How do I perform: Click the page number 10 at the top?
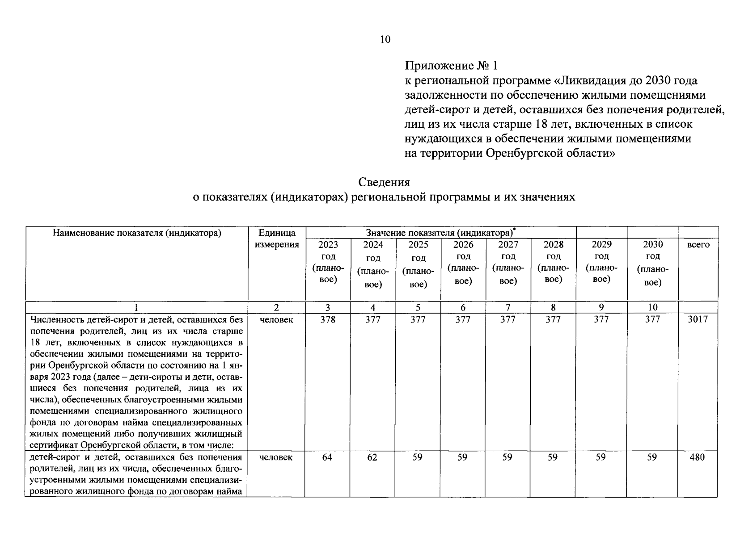click(x=385, y=40)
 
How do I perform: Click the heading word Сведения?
click(x=385, y=182)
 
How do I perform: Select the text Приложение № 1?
click(x=451, y=66)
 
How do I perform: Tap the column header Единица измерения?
click(x=277, y=239)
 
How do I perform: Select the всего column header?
click(x=698, y=245)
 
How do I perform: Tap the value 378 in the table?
click(x=328, y=319)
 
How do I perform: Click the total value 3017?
click(x=698, y=319)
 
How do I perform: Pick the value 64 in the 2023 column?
click(x=327, y=457)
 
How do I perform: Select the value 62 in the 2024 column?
click(x=372, y=457)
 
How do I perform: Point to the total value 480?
click(x=698, y=457)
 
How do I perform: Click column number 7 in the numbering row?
click(x=508, y=307)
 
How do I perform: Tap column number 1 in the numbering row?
click(x=136, y=307)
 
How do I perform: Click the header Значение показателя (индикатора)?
click(x=440, y=233)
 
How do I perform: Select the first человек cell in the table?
click(x=276, y=319)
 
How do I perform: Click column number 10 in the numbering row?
click(x=653, y=307)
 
